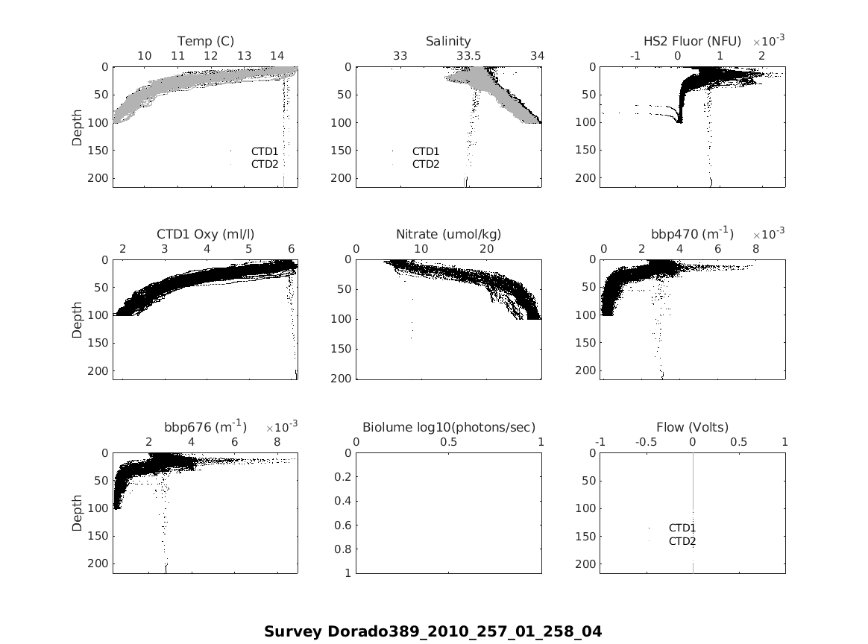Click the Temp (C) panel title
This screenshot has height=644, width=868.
(x=205, y=41)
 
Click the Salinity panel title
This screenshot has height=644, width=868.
(x=448, y=41)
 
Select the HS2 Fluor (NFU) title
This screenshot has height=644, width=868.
(x=692, y=41)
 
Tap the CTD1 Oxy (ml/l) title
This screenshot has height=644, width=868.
(x=205, y=234)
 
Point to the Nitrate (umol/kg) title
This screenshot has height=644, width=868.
(x=448, y=234)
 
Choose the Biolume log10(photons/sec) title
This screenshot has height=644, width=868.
(x=448, y=427)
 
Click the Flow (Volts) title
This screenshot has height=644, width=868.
(x=692, y=427)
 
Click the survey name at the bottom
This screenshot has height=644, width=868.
(x=433, y=631)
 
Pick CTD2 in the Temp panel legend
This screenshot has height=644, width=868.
(x=264, y=164)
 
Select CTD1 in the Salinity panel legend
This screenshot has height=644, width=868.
(x=426, y=151)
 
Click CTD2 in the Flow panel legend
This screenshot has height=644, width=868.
(x=682, y=541)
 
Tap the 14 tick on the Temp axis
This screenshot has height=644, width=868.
(x=277, y=56)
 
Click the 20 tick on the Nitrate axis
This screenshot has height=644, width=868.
(x=487, y=249)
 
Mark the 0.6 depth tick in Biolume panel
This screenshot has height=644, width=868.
(x=344, y=525)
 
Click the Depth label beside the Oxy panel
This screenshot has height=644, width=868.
(x=77, y=320)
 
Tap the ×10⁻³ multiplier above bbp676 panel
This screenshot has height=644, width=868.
(x=281, y=426)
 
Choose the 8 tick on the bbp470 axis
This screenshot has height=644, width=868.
(x=755, y=249)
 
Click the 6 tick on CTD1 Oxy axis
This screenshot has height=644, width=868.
(x=292, y=249)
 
